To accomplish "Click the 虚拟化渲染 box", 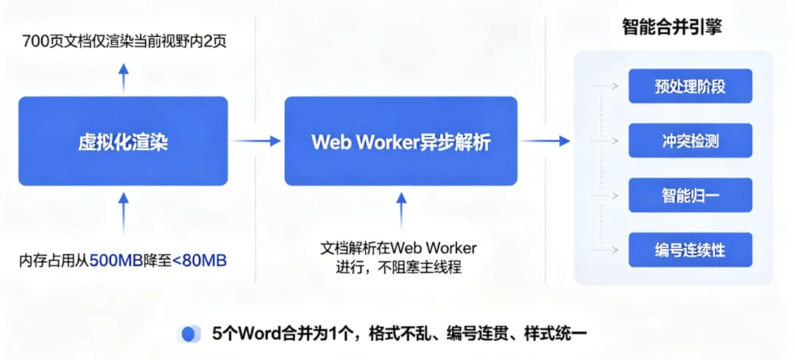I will [123, 141].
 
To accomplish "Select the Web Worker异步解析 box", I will [400, 141].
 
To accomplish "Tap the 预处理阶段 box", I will [690, 86].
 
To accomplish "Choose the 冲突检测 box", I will [690, 141].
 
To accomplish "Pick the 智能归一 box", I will [690, 195].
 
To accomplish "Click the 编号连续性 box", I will [690, 250].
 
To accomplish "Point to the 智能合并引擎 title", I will [671, 28].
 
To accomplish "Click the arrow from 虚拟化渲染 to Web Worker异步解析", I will [255, 141].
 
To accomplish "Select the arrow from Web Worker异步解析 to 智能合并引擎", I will [545, 141].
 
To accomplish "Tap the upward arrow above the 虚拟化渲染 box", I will [124, 77].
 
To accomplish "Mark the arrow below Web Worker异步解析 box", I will [401, 210].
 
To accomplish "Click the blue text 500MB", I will [113, 260].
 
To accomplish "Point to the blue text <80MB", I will [198, 260].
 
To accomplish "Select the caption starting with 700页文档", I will [124, 40].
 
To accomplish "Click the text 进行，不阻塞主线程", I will [398, 267].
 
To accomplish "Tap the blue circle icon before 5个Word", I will [189, 333].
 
